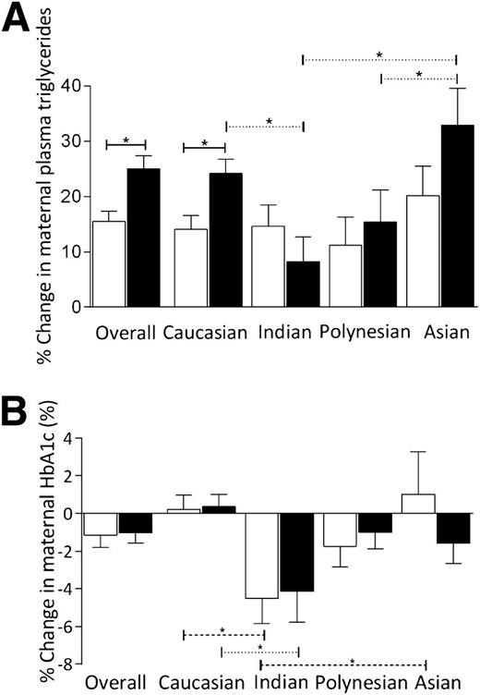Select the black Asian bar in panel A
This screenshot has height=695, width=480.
pos(457,215)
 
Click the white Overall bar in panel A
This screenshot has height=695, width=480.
pos(109,263)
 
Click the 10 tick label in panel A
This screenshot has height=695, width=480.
pos(68,251)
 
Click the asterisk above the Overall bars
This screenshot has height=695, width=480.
pos(126,140)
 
